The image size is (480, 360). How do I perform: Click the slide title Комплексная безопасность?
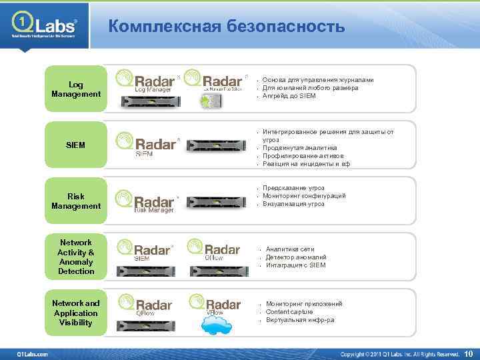click(x=227, y=27)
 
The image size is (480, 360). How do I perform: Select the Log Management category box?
click(x=76, y=89)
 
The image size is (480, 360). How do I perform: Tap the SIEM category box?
click(x=76, y=145)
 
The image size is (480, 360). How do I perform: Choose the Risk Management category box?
click(x=76, y=201)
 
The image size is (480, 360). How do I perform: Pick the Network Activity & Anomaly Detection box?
click(x=76, y=257)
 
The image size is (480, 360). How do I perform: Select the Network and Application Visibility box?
click(x=76, y=313)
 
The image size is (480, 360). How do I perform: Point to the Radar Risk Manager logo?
click(x=147, y=201)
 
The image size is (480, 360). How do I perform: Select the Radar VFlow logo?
click(x=215, y=304)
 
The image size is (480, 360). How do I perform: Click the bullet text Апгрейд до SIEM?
click(x=289, y=96)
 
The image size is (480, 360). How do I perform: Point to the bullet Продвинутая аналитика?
click(x=299, y=148)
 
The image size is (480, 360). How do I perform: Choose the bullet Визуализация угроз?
click(x=293, y=204)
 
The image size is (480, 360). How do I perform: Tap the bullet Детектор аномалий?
click(x=295, y=257)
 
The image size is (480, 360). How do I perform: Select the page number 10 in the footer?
click(x=468, y=353)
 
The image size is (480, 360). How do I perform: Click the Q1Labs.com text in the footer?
click(x=33, y=353)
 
